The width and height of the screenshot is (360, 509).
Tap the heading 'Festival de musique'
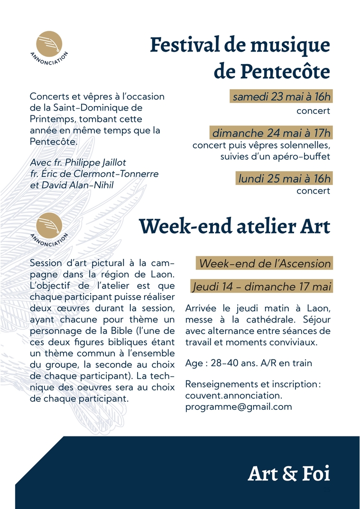[x=240, y=45]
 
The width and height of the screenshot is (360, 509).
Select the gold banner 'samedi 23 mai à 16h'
[x=281, y=97]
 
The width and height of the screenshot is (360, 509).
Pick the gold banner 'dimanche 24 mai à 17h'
[x=271, y=133]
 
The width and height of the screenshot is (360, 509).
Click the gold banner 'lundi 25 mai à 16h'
[x=284, y=179]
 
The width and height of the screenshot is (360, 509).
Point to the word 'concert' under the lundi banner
[x=313, y=191]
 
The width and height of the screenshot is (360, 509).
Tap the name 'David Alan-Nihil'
[x=81, y=185]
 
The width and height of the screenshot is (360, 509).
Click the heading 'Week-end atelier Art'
[x=234, y=226]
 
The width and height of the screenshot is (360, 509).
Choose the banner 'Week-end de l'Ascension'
[x=265, y=263]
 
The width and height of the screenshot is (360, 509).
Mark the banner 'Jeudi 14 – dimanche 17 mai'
[x=262, y=287]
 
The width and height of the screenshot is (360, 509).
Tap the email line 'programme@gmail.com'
[x=239, y=407]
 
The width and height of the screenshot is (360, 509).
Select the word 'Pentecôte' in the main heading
[x=272, y=71]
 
